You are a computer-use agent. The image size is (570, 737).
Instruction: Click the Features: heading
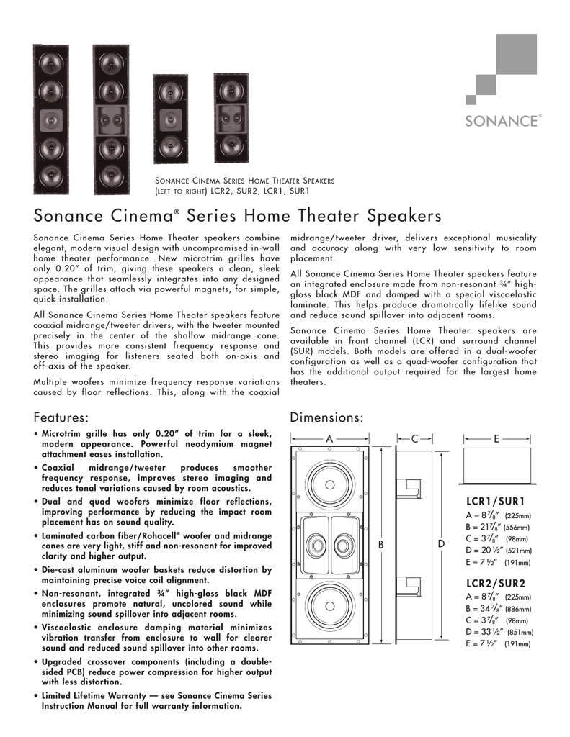pyautogui.click(x=62, y=417)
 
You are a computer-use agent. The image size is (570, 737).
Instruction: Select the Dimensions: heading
pyautogui.click(x=326, y=417)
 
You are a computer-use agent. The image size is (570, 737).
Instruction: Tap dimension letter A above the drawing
pyautogui.click(x=329, y=439)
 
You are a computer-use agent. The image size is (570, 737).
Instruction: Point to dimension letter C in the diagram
pyautogui.click(x=414, y=439)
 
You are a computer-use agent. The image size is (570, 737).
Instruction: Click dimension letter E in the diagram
pyautogui.click(x=497, y=439)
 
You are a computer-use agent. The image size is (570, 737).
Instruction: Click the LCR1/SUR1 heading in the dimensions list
pyautogui.click(x=496, y=501)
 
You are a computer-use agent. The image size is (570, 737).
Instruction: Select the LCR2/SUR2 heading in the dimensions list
pyautogui.click(x=496, y=583)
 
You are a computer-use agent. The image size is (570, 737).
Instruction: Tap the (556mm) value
pyautogui.click(x=517, y=528)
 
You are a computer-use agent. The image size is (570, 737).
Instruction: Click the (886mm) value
pyautogui.click(x=517, y=609)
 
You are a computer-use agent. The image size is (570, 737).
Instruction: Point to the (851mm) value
pyautogui.click(x=519, y=632)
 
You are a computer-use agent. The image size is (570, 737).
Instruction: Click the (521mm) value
pyautogui.click(x=517, y=551)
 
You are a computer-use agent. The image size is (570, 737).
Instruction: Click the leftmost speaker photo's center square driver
pyautogui.click(x=50, y=118)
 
